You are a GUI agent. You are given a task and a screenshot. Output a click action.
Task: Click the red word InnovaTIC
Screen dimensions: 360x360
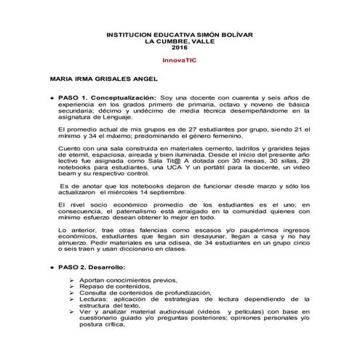tap(179, 60)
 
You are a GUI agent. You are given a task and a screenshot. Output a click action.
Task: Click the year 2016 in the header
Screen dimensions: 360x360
tap(179, 47)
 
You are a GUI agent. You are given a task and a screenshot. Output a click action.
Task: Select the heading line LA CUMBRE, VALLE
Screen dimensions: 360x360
tap(179, 41)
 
